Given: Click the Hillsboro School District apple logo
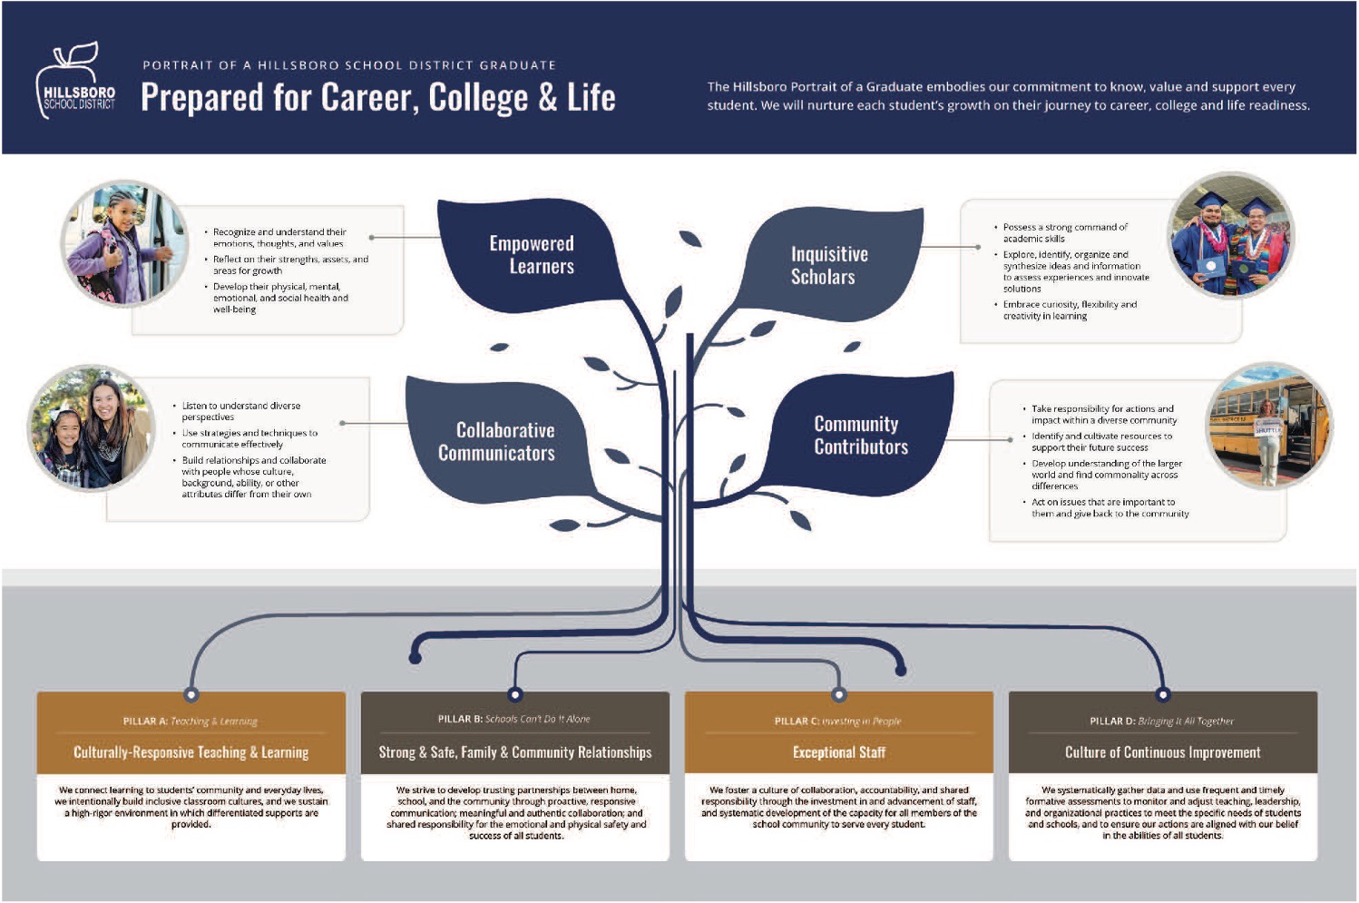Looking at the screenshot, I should point(75,81).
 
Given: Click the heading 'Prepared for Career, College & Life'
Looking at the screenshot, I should point(377,97).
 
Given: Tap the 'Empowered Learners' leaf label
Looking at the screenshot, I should point(532,255).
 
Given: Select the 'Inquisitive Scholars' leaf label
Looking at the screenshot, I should point(828,265).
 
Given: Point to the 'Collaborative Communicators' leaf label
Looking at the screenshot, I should point(497,441).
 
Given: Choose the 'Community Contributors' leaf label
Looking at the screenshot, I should point(860,436).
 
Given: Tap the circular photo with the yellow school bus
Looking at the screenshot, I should point(1268,426).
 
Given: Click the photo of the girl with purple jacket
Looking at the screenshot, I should point(124,244).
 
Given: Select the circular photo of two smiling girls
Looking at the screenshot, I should point(91,428).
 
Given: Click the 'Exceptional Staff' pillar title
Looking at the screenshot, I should point(838,752).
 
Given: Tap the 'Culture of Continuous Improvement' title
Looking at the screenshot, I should point(1162,752).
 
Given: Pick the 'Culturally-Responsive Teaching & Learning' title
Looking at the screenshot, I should point(191,752).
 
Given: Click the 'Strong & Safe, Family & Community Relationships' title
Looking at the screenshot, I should point(514,752).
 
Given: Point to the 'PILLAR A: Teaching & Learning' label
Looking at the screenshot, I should point(191,721).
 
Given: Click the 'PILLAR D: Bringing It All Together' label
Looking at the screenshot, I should point(1162,721).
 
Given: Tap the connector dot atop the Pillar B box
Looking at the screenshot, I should point(515,694).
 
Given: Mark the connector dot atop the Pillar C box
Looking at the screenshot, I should point(839,694).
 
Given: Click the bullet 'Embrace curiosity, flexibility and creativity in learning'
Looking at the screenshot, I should point(1069,310).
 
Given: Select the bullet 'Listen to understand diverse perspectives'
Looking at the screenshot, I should point(240,411).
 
